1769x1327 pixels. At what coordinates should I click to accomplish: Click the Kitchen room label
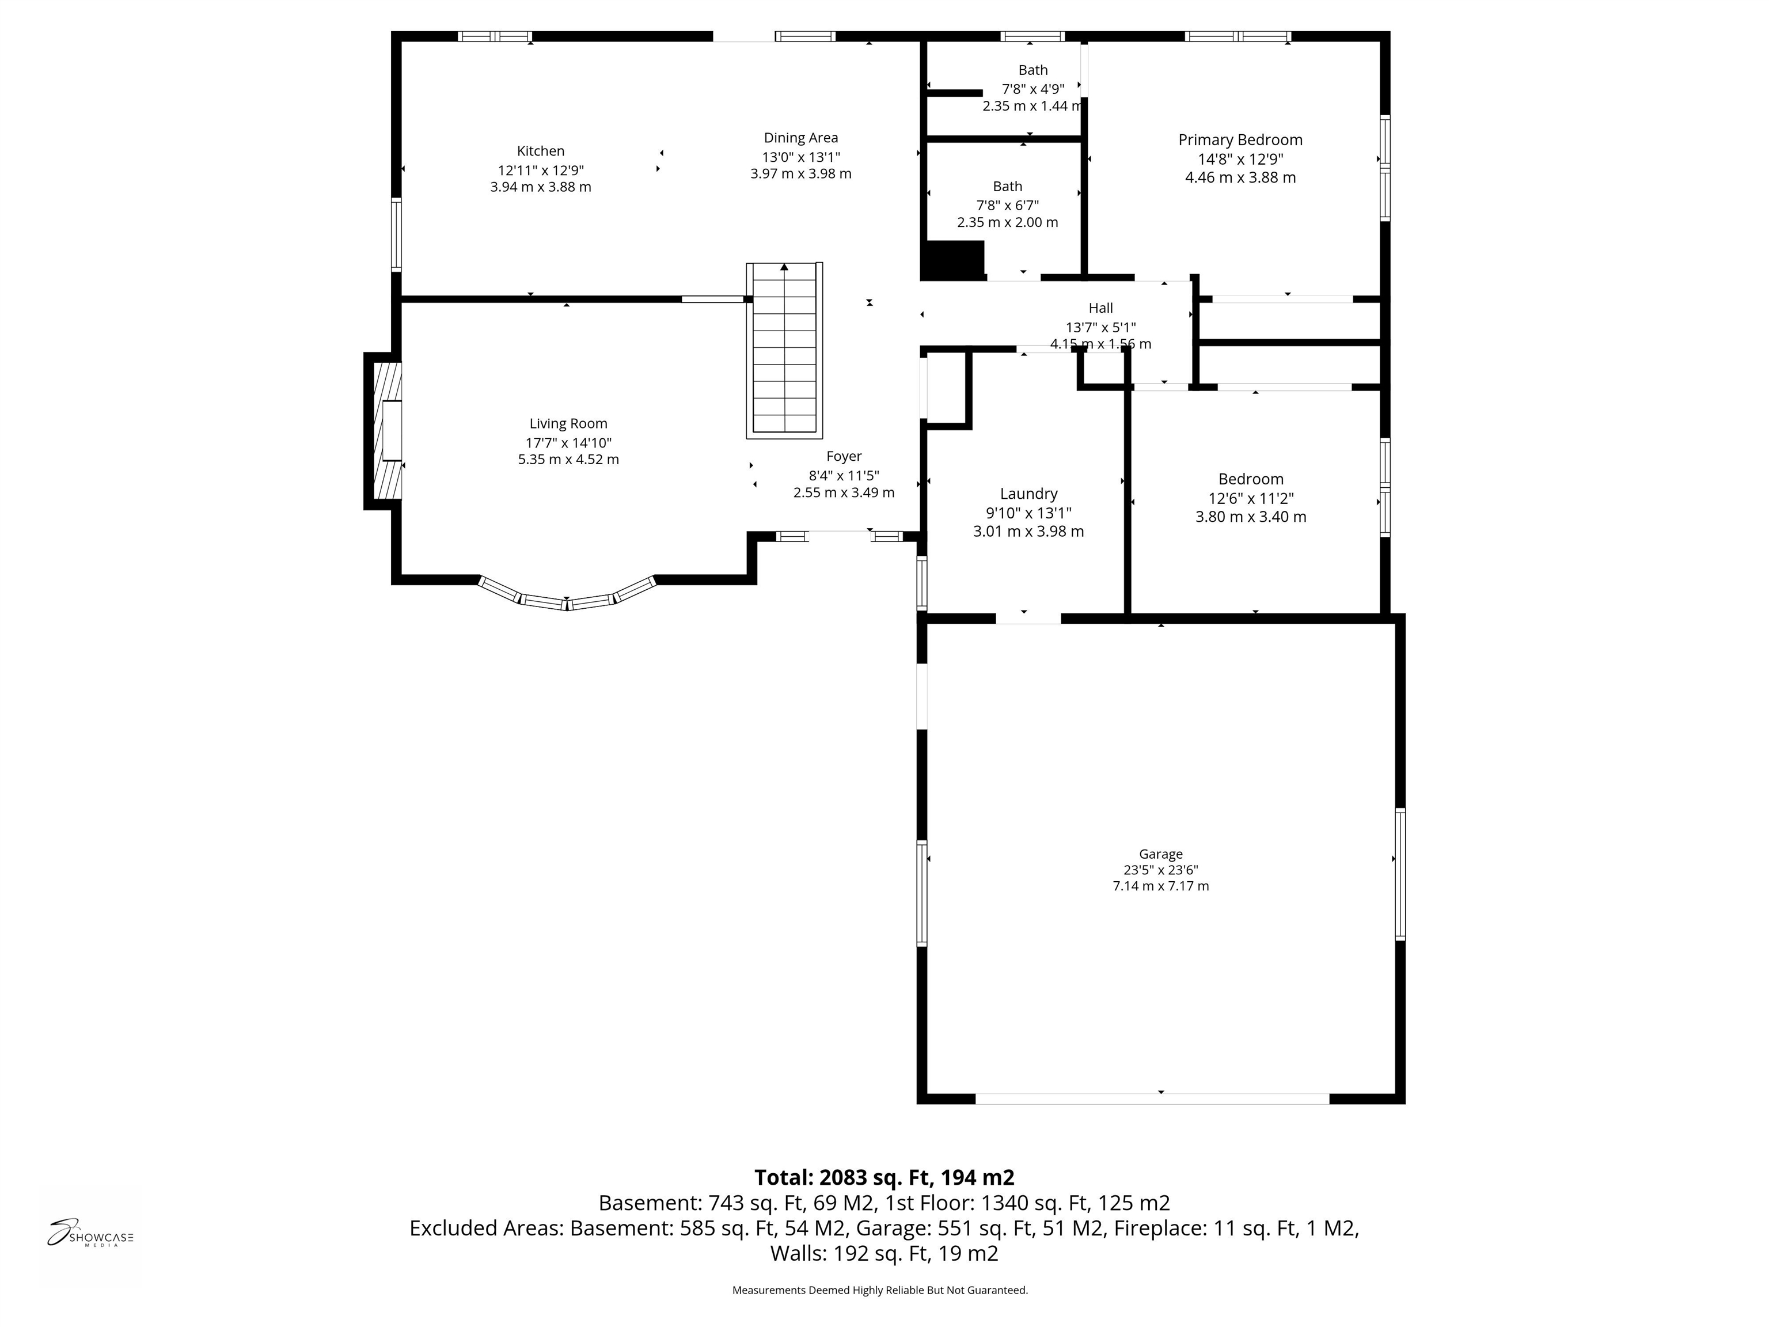(x=541, y=151)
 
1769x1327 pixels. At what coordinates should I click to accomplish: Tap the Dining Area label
(x=800, y=138)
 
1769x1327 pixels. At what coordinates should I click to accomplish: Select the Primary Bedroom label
(x=1240, y=140)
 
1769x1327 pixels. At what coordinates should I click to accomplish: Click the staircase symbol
(x=784, y=350)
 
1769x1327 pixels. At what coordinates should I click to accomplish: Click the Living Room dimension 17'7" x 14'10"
(x=568, y=442)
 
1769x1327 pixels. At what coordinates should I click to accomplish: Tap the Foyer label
(x=844, y=456)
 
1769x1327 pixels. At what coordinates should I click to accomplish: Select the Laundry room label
(x=1028, y=494)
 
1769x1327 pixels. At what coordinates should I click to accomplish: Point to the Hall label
(x=1100, y=308)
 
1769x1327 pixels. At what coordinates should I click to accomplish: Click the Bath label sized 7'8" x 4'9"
(x=1032, y=70)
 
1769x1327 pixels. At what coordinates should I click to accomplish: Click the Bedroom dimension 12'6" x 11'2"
(x=1251, y=498)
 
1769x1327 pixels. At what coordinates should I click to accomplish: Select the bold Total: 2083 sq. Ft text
(x=884, y=1177)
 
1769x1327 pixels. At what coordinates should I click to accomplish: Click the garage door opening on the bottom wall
(x=1152, y=1098)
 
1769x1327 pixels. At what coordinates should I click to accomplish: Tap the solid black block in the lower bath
(x=952, y=261)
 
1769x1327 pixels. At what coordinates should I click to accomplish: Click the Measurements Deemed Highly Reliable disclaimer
(x=880, y=1290)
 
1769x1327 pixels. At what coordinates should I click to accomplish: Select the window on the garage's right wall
(x=1399, y=874)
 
